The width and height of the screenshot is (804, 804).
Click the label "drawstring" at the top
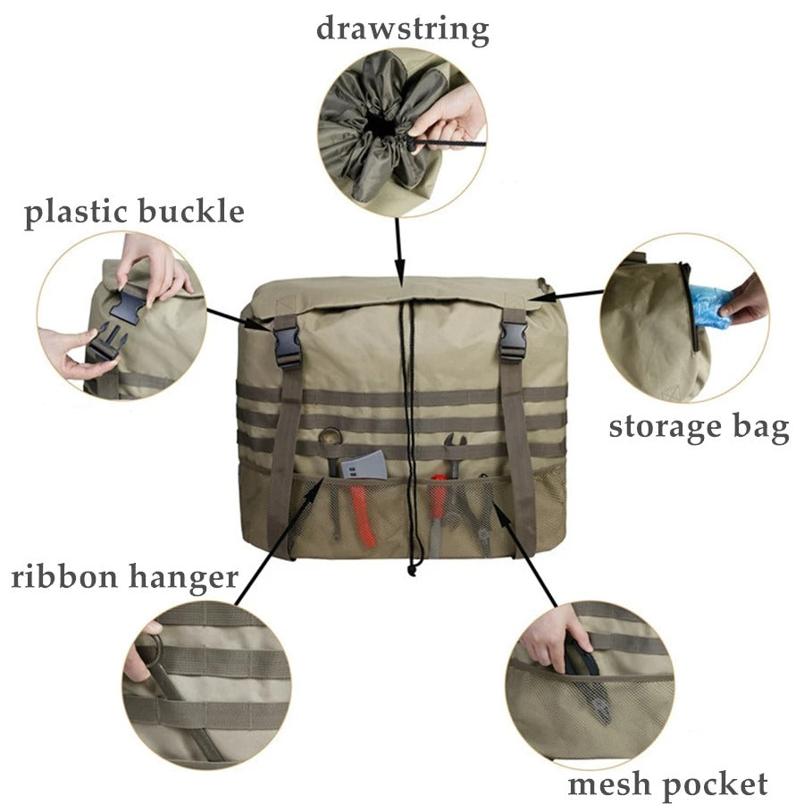(x=402, y=29)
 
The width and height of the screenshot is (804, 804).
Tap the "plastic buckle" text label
(x=134, y=213)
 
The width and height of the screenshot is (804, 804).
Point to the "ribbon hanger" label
(x=124, y=576)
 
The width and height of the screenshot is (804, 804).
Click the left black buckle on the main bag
(x=287, y=346)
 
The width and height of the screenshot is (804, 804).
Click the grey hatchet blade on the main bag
(x=364, y=467)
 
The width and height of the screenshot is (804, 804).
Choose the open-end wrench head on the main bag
(x=455, y=444)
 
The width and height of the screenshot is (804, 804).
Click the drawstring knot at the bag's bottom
(x=412, y=565)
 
